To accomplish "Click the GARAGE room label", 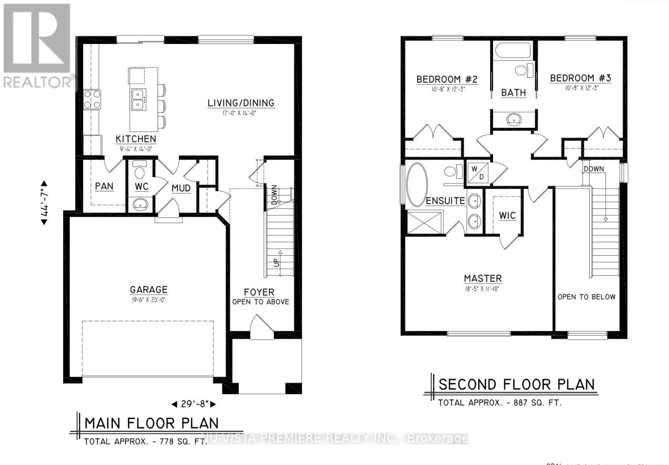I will tap(148, 290).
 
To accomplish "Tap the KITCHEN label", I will tap(136, 139).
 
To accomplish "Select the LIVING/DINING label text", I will tap(241, 103).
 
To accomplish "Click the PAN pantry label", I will tap(104, 186).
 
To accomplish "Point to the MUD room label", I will tap(181, 188).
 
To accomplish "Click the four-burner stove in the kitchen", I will tap(92, 100).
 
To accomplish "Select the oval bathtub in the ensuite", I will tap(417, 185).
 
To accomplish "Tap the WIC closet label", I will tap(507, 216).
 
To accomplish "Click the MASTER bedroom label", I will tap(483, 279).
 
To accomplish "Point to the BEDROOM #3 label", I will tap(580, 78).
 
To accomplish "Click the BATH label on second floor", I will tap(513, 93).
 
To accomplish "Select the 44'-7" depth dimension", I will tap(44, 203).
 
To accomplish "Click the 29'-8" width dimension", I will tap(194, 404).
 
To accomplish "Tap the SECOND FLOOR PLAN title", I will tap(516, 384).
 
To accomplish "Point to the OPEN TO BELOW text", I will tap(586, 297).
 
